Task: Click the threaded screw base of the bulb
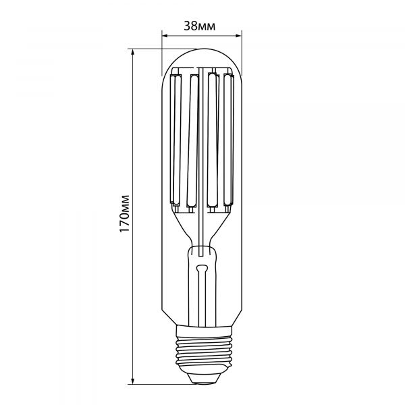click(x=202, y=351)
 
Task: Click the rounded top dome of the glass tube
click(x=202, y=54)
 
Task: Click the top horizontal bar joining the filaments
click(x=202, y=69)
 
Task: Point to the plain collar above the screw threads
click(x=202, y=326)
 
